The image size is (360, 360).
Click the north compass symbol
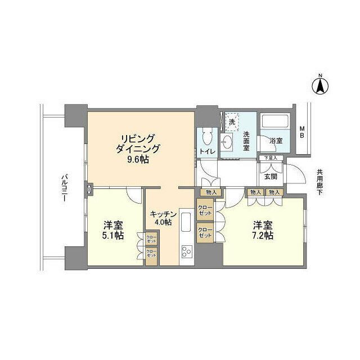tap(319, 86)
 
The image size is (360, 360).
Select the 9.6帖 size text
tap(137, 160)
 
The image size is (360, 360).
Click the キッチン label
tap(164, 214)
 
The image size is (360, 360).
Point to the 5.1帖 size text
tap(112, 235)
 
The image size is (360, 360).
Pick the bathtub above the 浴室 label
tap(275, 123)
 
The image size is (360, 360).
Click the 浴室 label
tap(275, 140)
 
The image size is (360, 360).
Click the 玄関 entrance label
tap(271, 176)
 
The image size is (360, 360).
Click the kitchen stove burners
tap(186, 251)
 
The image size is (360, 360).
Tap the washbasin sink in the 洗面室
tap(228, 141)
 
